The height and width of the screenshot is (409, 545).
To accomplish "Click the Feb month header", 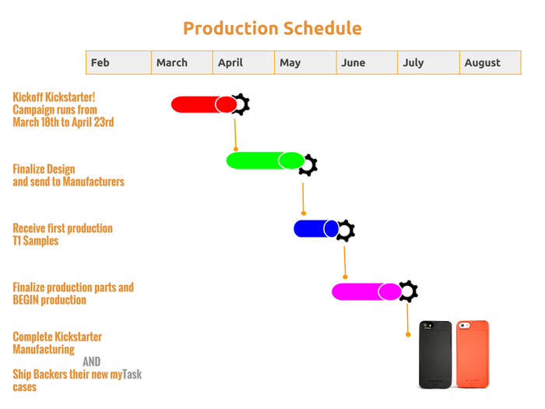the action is (118, 62).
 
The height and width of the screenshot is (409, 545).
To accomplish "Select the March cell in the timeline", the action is (181, 62).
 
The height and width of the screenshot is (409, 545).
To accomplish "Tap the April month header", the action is (244, 62).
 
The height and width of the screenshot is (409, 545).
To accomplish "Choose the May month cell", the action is (305, 62).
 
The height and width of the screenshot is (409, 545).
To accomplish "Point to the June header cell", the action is (367, 62).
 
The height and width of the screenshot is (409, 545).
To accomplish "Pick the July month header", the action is (428, 62).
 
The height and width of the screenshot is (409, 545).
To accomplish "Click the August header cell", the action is (490, 62).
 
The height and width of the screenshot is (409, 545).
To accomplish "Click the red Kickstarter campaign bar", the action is (204, 104).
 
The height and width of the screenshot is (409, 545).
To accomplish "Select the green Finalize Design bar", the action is (265, 160).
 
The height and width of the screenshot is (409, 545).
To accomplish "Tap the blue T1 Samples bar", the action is (316, 228).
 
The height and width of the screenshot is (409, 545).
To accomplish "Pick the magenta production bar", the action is (367, 291).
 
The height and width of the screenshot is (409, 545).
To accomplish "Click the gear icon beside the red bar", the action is (241, 104).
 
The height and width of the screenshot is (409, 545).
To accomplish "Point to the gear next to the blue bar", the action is (346, 231).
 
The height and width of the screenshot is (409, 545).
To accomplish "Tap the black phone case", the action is (435, 354).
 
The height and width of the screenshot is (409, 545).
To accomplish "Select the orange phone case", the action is (473, 354).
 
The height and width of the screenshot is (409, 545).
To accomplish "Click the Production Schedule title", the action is (272, 29).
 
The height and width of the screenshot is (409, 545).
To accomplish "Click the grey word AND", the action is (92, 361).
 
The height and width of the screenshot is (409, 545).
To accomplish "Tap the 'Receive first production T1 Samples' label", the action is (62, 234).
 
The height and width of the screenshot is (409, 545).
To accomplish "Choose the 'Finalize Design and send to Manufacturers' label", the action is (69, 175).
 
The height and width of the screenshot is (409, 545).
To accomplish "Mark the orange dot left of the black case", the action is (408, 334).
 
